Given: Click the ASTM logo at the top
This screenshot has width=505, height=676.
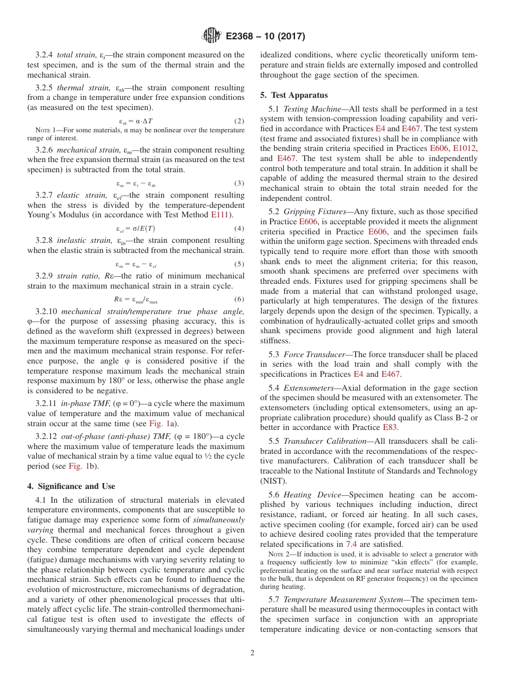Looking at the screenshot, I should click(211, 36).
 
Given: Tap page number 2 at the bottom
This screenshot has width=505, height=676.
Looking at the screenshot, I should click(252, 653).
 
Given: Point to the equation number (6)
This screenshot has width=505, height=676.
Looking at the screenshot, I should click(239, 299).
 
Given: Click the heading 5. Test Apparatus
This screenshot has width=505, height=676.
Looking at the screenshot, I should click(294, 96).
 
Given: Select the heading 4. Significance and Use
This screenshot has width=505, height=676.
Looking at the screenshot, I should click(71, 486).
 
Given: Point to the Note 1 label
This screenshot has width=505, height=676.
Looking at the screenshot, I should click(45, 130).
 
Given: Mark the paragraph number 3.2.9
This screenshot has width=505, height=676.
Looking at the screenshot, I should click(45, 276).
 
